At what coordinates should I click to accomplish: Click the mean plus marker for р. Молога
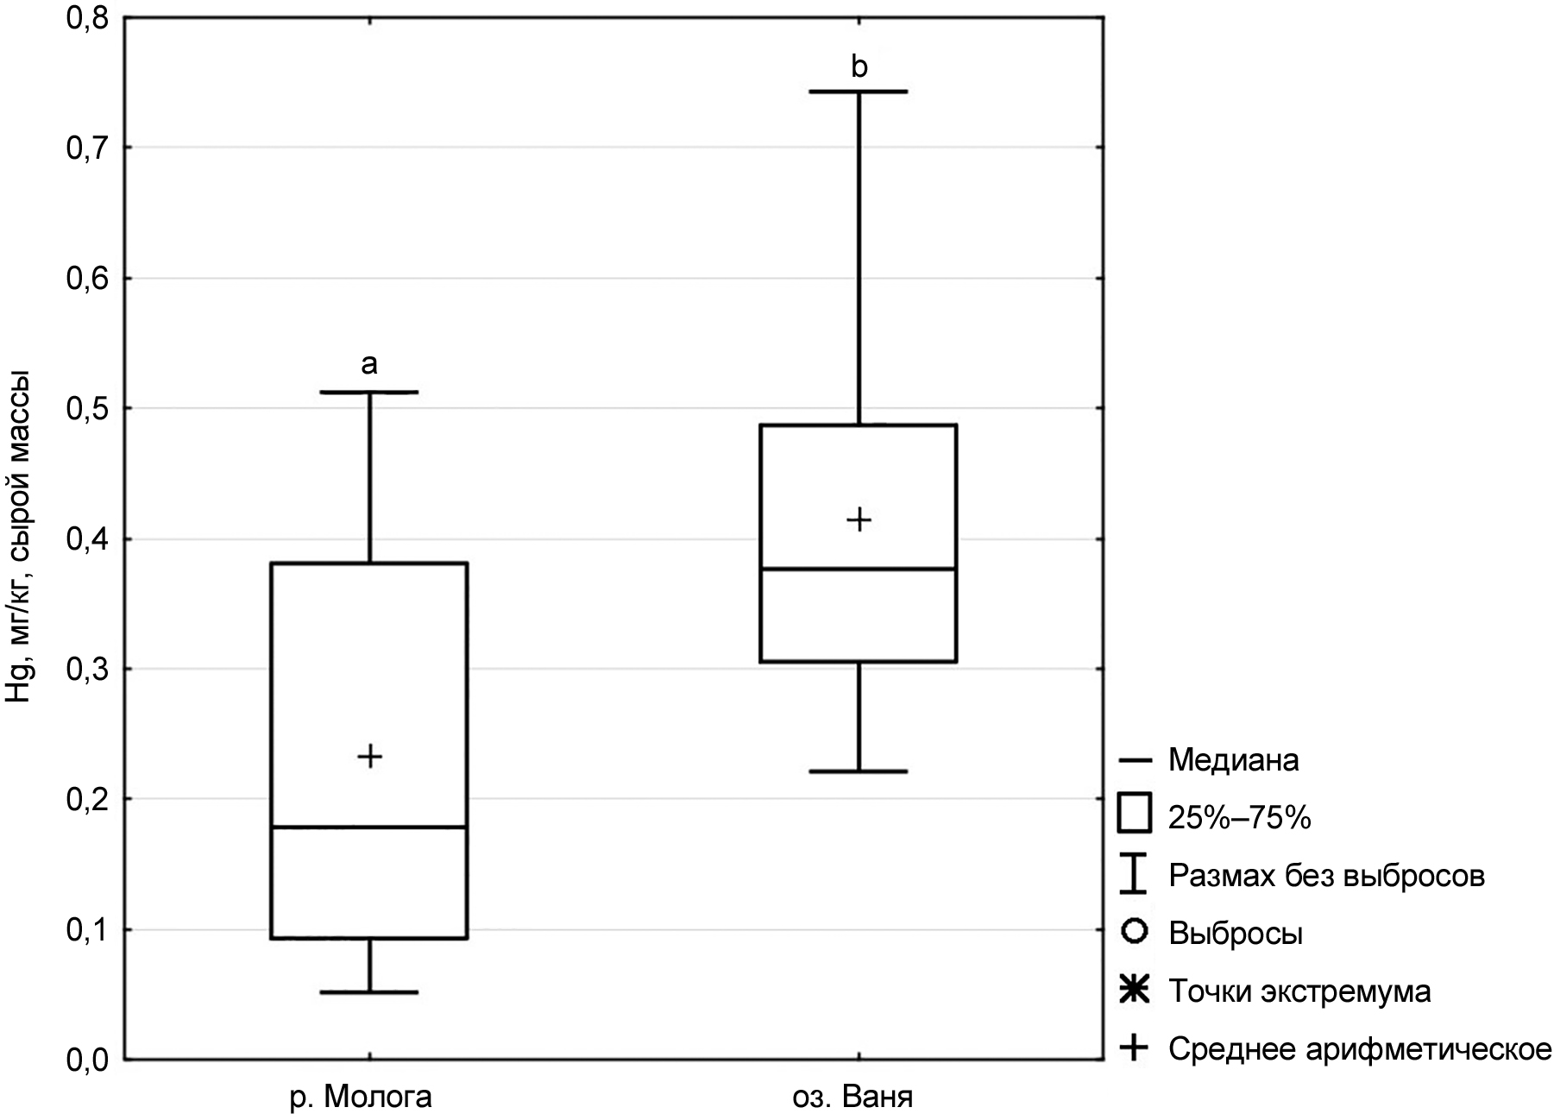point(369,757)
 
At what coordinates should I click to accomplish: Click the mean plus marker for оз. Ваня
point(859,519)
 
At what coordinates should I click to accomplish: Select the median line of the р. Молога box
point(369,827)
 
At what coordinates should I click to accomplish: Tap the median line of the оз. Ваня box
point(859,569)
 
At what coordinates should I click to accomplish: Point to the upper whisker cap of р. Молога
point(369,392)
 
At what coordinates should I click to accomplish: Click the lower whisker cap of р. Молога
point(369,992)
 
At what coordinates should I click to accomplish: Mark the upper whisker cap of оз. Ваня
point(859,91)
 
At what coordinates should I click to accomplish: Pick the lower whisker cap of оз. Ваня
point(859,771)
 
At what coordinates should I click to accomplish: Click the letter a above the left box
point(369,364)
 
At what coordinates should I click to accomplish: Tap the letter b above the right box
point(859,66)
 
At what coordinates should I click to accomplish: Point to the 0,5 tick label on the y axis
point(89,408)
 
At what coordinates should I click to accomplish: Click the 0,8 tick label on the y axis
point(89,18)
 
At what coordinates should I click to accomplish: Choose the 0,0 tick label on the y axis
point(89,1059)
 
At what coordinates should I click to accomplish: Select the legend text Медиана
point(1233,760)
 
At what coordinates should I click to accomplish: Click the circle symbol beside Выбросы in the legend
point(1135,932)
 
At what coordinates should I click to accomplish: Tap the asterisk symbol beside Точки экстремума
point(1135,991)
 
